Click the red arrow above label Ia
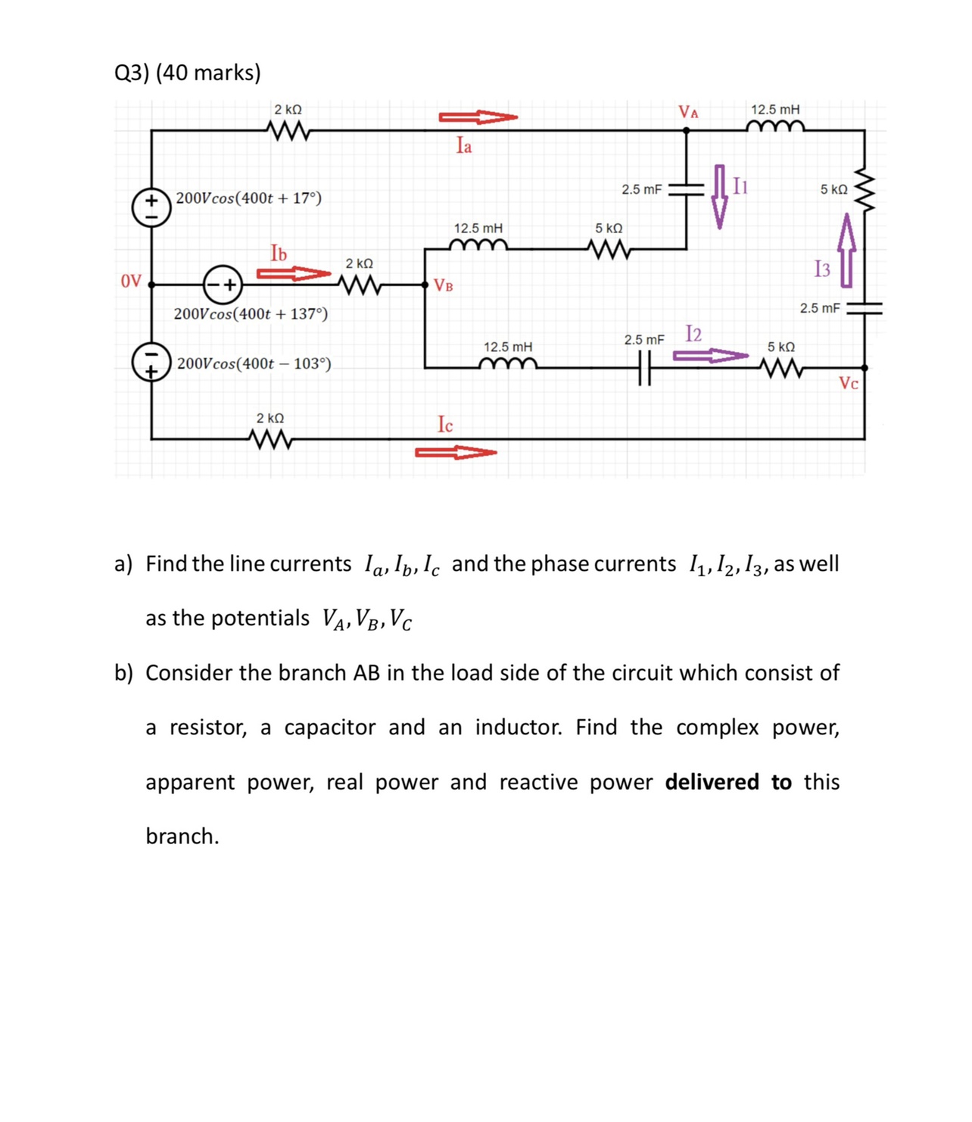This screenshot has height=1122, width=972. (x=478, y=117)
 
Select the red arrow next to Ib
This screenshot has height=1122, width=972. (x=294, y=273)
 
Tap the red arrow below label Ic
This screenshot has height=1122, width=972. (x=456, y=453)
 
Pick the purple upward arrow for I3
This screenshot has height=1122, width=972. (x=846, y=251)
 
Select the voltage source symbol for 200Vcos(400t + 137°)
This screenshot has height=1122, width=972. (x=223, y=285)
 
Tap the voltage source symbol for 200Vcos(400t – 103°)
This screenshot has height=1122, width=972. (x=151, y=363)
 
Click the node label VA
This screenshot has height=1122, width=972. (x=688, y=113)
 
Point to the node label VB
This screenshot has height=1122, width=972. (x=444, y=286)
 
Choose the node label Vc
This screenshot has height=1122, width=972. (x=849, y=384)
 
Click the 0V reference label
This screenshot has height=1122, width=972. (x=131, y=282)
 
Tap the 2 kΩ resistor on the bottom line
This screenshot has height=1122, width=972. (x=270, y=438)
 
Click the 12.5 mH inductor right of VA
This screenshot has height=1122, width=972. (x=775, y=127)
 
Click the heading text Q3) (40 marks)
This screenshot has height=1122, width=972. (x=188, y=73)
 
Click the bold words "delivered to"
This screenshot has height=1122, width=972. (x=728, y=782)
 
